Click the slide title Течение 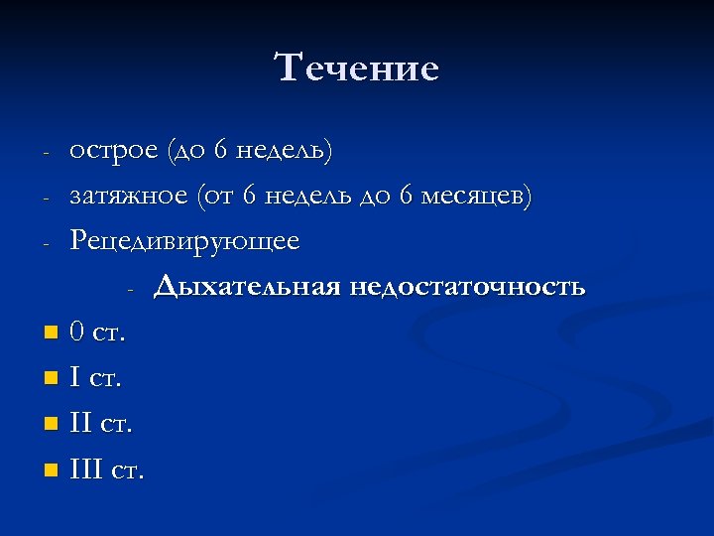pos(357,68)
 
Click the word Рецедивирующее pos(184,242)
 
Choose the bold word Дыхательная pos(246,288)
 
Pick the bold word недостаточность pos(466,288)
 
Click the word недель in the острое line pos(285,151)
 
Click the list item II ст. pos(100,424)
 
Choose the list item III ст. pos(106,469)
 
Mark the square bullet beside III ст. pos(51,469)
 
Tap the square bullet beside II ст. pos(51,424)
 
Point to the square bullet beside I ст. pos(51,378)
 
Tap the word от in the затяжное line pos(216,198)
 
